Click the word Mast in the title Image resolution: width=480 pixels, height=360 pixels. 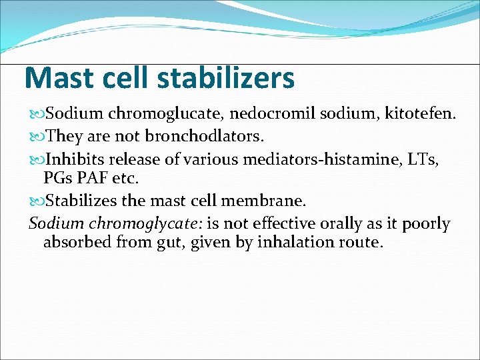[x=57, y=78]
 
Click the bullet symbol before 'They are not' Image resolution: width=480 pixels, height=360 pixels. [x=37, y=137]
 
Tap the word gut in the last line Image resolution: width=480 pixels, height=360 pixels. [x=169, y=242]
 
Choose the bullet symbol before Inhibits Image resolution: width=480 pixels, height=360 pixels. [x=37, y=159]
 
